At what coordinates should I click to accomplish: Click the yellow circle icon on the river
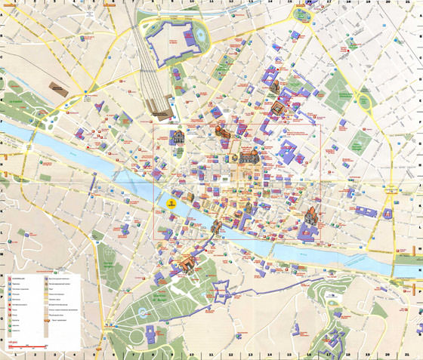(x=171, y=202)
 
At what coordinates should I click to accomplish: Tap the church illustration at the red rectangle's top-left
(x=179, y=137)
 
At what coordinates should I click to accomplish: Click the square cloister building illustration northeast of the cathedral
(x=276, y=109)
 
